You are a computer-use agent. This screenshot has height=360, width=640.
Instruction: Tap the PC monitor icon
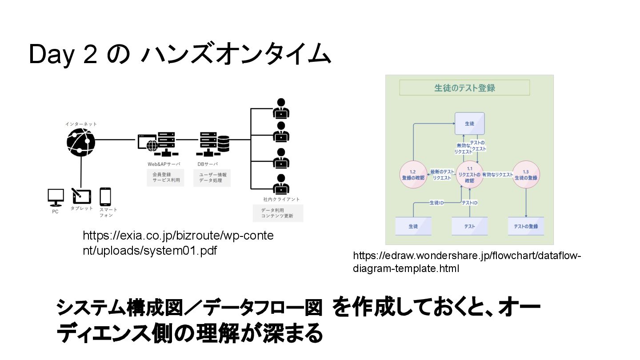coord(56,197)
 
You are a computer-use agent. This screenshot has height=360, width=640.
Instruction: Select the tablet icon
coord(81,196)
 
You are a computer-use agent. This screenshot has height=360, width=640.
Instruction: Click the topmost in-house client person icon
coord(281,108)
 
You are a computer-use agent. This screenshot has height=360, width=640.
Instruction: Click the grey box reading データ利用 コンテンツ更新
coord(278,213)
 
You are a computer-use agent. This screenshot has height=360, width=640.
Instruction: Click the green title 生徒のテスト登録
coord(464,88)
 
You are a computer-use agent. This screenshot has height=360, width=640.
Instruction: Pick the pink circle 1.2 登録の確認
coord(412,175)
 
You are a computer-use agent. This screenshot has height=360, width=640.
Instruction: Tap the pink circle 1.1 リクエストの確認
coord(469,175)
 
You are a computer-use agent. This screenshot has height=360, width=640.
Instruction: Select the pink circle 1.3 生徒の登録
coord(526,175)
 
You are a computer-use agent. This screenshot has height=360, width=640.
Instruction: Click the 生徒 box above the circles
coord(469,124)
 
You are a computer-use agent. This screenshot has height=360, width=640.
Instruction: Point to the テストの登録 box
coord(526,226)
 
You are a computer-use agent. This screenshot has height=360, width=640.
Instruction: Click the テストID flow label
coord(469,203)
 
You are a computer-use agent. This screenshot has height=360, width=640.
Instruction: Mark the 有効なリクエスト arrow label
coord(497,175)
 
